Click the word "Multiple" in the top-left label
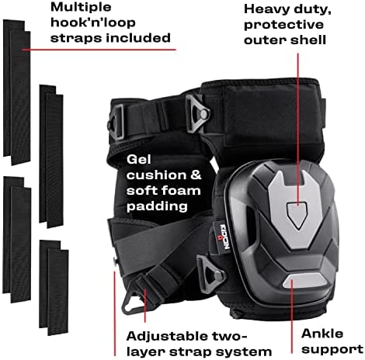click(x=81, y=8)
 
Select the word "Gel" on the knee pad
click(x=138, y=160)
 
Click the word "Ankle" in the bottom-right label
click(x=322, y=334)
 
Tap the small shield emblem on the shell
click(x=297, y=216)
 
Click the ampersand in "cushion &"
click(x=196, y=175)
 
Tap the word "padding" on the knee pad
click(x=157, y=206)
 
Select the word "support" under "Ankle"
click(x=332, y=350)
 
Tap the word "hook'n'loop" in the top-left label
click(x=93, y=22)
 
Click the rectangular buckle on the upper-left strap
click(x=116, y=121)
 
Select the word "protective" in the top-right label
click(x=283, y=26)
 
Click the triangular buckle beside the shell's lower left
click(x=210, y=271)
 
